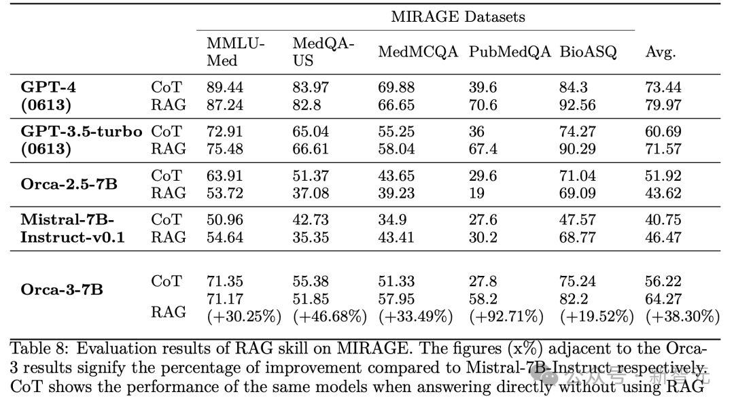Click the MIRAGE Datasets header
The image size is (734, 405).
pos(457,16)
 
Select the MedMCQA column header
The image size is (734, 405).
pos(418,52)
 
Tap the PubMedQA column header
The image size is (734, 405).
pos(510,52)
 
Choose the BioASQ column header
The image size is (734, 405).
pos(589,52)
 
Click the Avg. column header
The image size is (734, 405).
pos(661,52)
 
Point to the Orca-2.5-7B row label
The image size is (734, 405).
pos(69,184)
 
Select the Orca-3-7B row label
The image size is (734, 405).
pos(62,289)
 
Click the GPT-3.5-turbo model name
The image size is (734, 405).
pos(82,132)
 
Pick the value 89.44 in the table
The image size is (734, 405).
pos(225,88)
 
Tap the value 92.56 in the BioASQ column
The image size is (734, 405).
pos(578,105)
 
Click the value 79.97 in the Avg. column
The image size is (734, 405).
pos(663,105)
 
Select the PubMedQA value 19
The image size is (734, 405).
pos(477,193)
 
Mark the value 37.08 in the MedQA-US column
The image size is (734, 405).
pos(311,193)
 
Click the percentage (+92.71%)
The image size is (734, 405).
pos(506,317)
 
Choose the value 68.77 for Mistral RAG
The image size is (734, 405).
pos(578,237)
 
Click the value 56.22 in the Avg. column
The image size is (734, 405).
pos(663,281)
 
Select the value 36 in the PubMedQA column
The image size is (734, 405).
pos(477,132)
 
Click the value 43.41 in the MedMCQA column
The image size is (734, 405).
pos(397,237)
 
